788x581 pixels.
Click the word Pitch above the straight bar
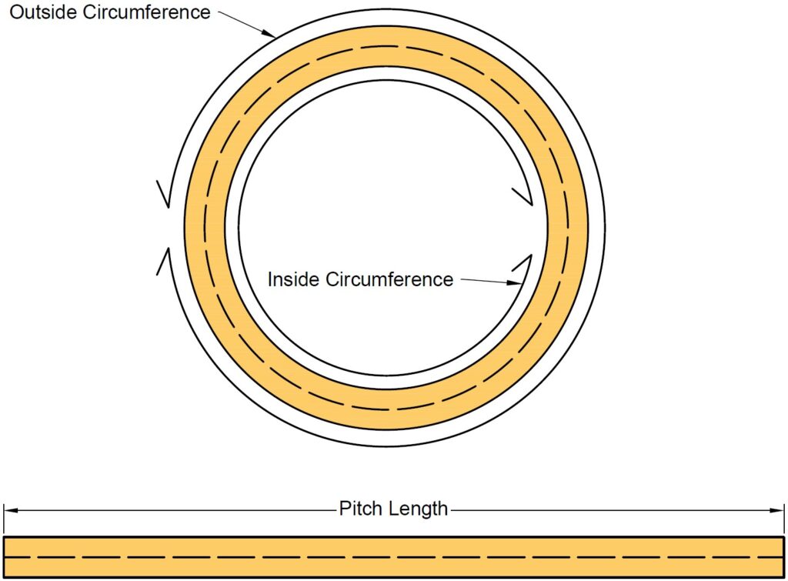[x=359, y=509]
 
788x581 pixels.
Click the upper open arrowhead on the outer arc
[x=163, y=193]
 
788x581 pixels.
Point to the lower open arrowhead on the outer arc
[x=163, y=261]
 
